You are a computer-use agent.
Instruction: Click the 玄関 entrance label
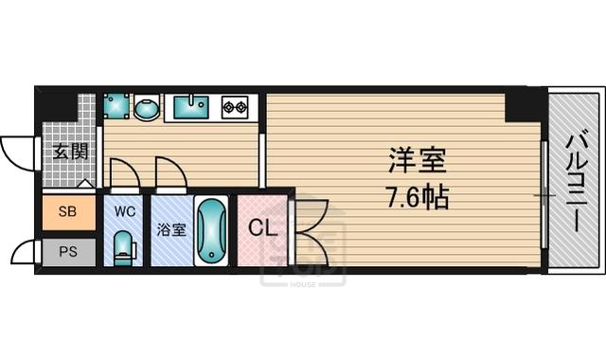(x=70, y=152)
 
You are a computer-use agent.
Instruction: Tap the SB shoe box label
(x=67, y=211)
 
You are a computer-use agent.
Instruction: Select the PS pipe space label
(x=68, y=252)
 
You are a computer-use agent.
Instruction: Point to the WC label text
(x=125, y=211)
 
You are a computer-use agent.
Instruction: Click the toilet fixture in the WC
(x=125, y=248)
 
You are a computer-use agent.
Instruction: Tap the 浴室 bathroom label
(x=171, y=229)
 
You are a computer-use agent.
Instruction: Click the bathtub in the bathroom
(x=211, y=231)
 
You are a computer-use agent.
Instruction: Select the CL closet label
(x=263, y=227)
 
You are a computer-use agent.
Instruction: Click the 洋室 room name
(x=418, y=160)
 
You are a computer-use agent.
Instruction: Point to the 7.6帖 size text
(x=418, y=197)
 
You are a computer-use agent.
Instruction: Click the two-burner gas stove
(x=235, y=106)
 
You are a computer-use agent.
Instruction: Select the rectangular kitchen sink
(x=191, y=107)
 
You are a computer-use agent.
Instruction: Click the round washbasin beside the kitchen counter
(x=147, y=107)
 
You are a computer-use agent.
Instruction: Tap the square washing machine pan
(x=116, y=105)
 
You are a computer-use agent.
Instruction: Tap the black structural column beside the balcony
(x=526, y=104)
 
